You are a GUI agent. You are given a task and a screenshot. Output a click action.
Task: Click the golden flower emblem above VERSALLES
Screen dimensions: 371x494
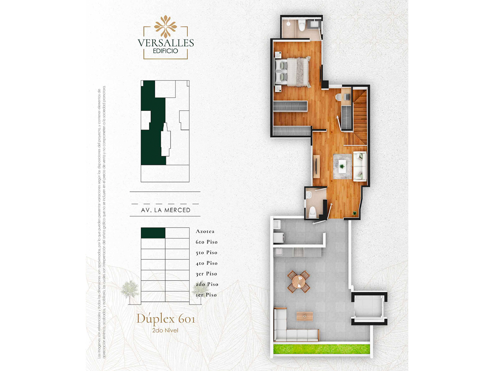pos(166,26)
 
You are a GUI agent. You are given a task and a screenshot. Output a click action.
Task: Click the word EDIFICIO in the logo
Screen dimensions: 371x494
pos(165,51)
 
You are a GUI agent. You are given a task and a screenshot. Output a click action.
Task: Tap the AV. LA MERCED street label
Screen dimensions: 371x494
pos(166,210)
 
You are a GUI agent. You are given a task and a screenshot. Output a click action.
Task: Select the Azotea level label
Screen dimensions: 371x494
pos(205,231)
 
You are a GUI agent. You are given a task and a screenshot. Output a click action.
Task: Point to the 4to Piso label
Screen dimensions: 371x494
pos(206,263)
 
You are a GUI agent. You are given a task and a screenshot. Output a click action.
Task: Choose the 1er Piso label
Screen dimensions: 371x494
pos(206,295)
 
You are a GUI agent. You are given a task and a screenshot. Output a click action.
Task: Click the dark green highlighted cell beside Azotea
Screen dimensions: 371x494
pos(153,233)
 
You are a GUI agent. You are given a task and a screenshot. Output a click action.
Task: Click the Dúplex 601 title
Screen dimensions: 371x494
pos(166,319)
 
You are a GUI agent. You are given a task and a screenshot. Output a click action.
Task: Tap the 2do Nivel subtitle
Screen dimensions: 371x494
pos(165,330)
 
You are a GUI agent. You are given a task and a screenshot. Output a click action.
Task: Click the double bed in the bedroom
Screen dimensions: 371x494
pos(294,72)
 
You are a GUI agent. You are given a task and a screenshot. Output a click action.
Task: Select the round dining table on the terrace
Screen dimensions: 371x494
pos(299,281)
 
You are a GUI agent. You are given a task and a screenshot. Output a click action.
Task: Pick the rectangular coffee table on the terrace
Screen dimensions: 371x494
pos(305,316)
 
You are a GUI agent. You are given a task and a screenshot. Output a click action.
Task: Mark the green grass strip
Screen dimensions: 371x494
pos(321,349)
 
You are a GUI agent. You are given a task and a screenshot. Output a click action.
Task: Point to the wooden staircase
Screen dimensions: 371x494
pos(360,116)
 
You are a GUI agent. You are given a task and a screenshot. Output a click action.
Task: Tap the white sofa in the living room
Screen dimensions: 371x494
pos(359,166)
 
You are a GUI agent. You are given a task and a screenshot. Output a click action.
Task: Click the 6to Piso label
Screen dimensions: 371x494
pos(206,242)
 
